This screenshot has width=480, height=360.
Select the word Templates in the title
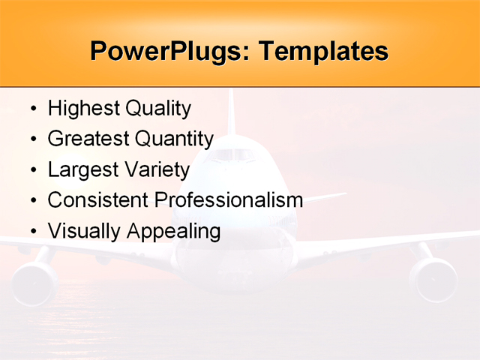click(x=323, y=52)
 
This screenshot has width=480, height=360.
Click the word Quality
click(x=157, y=109)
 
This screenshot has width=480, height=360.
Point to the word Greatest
click(x=88, y=139)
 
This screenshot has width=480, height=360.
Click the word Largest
click(x=82, y=170)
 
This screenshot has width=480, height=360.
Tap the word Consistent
click(x=98, y=200)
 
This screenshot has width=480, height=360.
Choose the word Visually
click(x=84, y=231)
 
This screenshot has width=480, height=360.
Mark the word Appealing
click(x=173, y=231)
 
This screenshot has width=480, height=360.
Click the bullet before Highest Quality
click(x=32, y=109)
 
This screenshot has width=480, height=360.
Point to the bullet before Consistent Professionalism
click(x=32, y=201)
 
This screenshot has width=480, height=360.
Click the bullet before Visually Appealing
click(x=32, y=232)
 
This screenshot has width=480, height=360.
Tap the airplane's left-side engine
click(x=34, y=281)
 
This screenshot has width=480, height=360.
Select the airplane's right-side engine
click(x=433, y=279)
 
